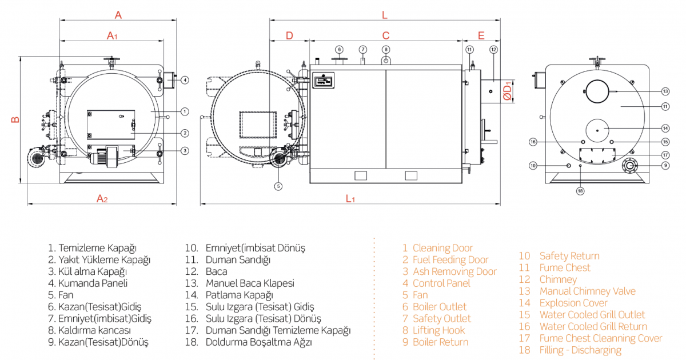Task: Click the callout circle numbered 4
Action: coord(185,80)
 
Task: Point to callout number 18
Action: coord(580,191)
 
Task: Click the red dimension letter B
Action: coord(15,119)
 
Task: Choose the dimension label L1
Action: coord(350,198)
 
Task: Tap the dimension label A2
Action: coord(102,198)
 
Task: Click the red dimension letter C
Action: coord(386,35)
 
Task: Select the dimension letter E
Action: coord(481,35)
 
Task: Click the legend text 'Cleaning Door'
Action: coord(442,248)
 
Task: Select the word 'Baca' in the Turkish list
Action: coord(216,271)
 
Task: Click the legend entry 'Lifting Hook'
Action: coord(438,330)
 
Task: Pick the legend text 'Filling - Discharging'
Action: coord(580,350)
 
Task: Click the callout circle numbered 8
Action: coord(386,49)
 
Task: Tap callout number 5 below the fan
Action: coord(278,186)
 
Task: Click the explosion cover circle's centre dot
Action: coord(597,130)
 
